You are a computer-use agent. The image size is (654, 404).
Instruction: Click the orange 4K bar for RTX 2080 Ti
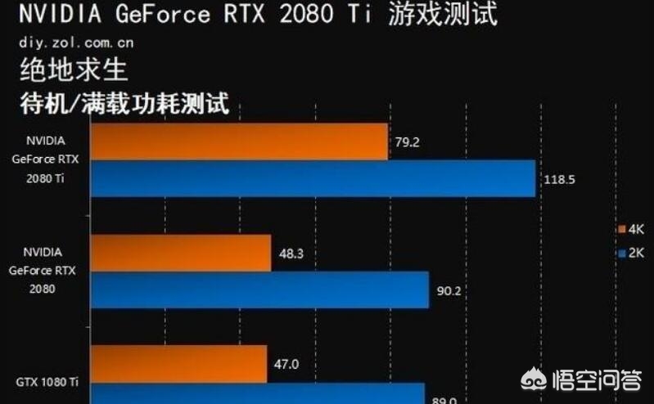(237, 141)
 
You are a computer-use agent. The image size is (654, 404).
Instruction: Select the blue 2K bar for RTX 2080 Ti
(311, 178)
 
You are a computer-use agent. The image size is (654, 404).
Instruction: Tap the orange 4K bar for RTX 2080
(180, 254)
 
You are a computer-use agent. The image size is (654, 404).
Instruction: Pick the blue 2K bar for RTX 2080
(259, 290)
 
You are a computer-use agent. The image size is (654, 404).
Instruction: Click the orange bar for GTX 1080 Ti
(178, 364)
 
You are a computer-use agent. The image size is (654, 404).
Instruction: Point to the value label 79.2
(407, 142)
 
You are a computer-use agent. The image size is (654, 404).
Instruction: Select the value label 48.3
(291, 254)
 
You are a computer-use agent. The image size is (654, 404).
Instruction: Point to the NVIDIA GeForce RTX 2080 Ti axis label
(45, 159)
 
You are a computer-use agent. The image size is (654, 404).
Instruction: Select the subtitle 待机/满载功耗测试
(123, 104)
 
